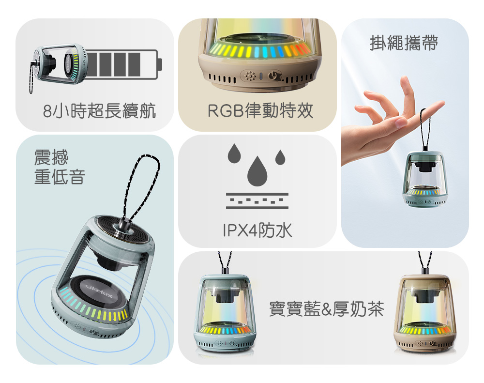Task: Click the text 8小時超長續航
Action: (x=99, y=111)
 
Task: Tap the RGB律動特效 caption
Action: (x=260, y=111)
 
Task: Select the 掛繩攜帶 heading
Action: (x=404, y=43)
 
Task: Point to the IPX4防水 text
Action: (x=257, y=230)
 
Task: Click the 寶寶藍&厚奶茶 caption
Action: (x=326, y=308)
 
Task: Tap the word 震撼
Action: (x=51, y=157)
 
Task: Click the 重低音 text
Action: (x=60, y=177)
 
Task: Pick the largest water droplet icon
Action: (x=257, y=171)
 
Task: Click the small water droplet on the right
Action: (x=280, y=157)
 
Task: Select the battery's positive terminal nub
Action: (x=160, y=64)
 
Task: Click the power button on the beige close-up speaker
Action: (x=272, y=75)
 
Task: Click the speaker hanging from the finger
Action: (x=425, y=179)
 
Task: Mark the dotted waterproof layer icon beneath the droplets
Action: (x=257, y=201)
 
